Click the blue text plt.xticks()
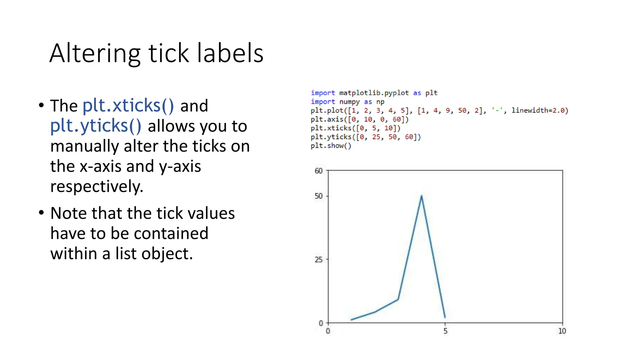[128, 105]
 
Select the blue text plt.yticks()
[96, 126]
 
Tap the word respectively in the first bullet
[97, 187]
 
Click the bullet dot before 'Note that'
[42, 213]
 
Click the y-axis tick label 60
[318, 171]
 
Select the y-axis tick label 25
[318, 260]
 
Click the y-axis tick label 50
[318, 196]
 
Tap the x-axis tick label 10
[562, 331]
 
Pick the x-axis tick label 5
[445, 331]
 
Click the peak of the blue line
[422, 196]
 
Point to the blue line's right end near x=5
[445, 317]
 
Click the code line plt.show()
[331, 146]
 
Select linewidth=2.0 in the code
[539, 111]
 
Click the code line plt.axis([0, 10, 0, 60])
[359, 119]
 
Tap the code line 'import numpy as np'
[347, 102]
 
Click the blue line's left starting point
[352, 320]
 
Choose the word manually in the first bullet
[84, 146]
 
